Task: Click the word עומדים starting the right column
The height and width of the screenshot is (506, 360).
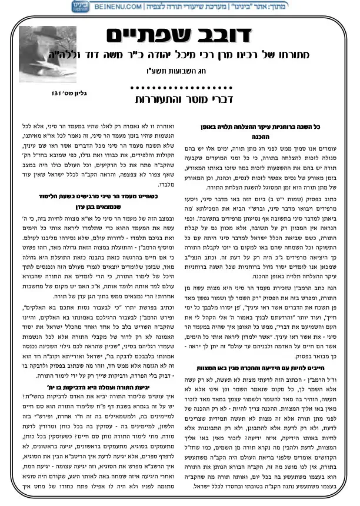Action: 331,147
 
